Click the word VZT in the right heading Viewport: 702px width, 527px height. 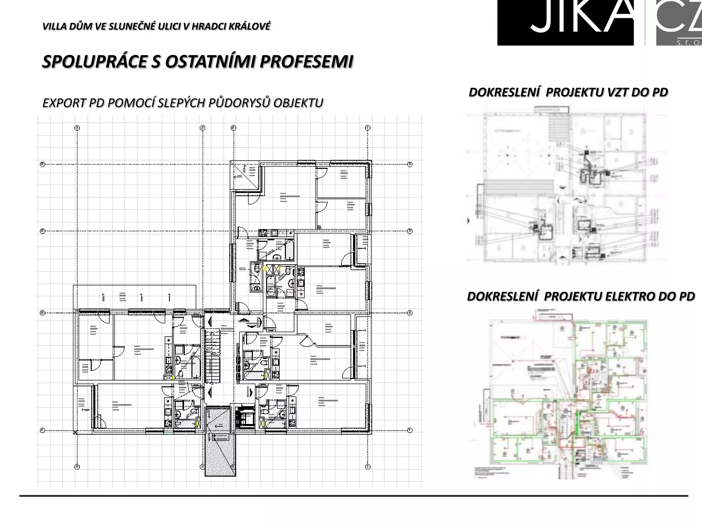point(617,92)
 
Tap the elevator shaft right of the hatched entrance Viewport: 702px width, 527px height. point(245,417)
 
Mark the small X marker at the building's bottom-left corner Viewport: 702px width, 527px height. point(75,432)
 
